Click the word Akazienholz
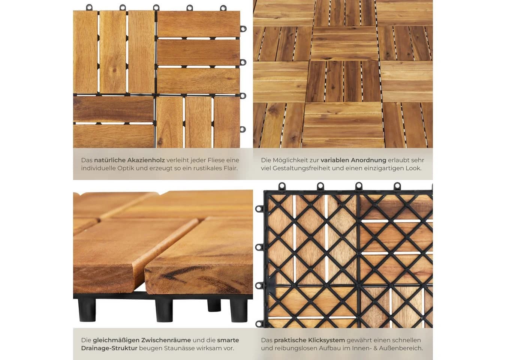[146, 160]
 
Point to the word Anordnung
[369, 160]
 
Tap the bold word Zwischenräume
[166, 340]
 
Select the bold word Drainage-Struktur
[109, 348]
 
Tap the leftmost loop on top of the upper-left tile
[89, 7]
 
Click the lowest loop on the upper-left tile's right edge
[243, 129]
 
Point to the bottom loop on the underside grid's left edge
[259, 324]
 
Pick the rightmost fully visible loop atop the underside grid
[397, 186]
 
